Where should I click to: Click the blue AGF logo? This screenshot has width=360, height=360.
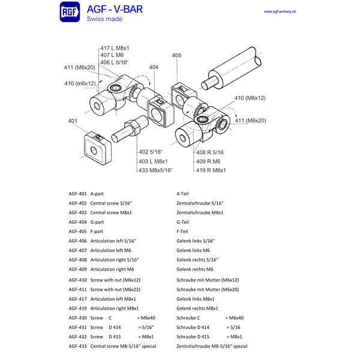point(70,13)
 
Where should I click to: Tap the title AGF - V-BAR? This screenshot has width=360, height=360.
point(115,10)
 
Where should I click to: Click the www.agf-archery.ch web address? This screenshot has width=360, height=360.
point(283,11)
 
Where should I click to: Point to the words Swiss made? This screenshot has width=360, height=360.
point(104,19)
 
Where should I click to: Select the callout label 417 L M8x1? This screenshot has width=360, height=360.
point(115,48)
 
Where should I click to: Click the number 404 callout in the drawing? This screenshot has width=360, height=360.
point(154,68)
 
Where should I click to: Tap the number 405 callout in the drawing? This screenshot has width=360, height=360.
point(176,55)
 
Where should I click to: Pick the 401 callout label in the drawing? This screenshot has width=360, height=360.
point(73,121)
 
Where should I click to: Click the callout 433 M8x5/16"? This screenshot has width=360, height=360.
point(155,170)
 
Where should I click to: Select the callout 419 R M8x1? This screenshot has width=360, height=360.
point(211,170)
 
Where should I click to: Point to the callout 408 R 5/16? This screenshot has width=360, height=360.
point(210,152)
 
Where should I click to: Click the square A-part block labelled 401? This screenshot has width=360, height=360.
point(94,147)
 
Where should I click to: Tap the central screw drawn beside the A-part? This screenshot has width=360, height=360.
point(128,127)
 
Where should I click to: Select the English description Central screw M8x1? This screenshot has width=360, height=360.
point(111,212)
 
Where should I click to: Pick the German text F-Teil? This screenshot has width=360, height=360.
point(182,231)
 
